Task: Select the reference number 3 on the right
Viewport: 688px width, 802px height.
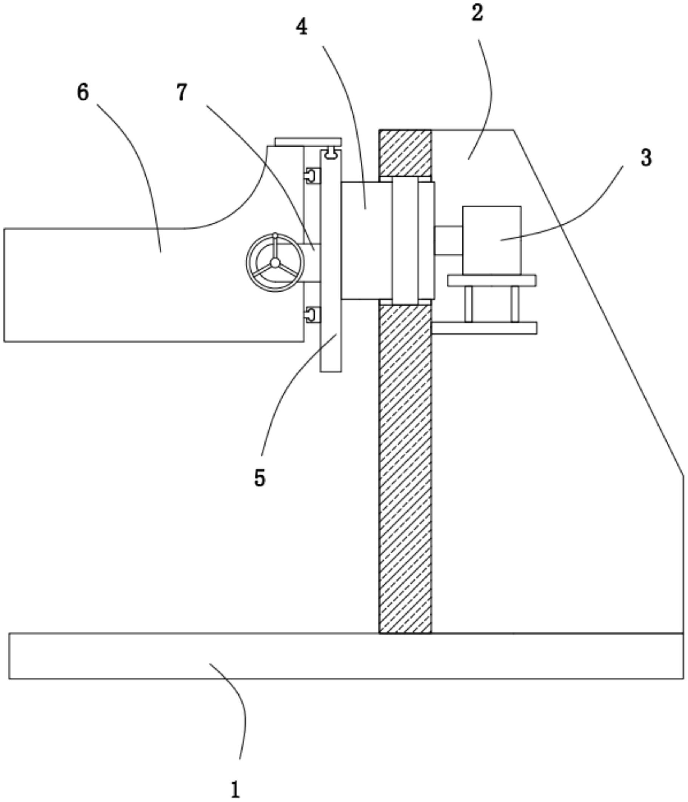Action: pyautogui.click(x=646, y=158)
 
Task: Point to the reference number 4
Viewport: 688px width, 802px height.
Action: pyautogui.click(x=302, y=27)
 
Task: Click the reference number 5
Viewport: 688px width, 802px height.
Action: pyautogui.click(x=260, y=478)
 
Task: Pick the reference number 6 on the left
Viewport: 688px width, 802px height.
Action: pyautogui.click(x=83, y=92)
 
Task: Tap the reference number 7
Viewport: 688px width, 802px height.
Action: pyautogui.click(x=182, y=92)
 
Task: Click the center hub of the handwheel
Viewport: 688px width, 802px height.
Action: pyautogui.click(x=275, y=263)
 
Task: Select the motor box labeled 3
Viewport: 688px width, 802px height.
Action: pyautogui.click(x=491, y=240)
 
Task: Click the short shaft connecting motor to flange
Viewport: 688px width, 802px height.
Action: pyautogui.click(x=448, y=240)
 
